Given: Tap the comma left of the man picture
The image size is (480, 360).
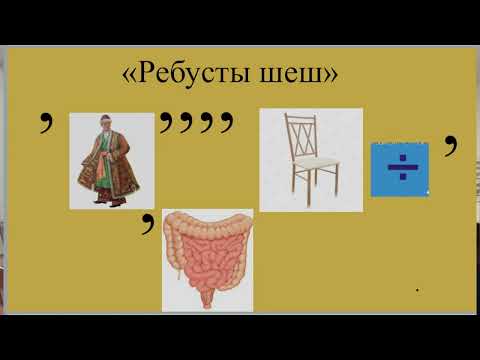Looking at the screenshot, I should (45, 125).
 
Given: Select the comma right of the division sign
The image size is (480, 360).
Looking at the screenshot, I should (451, 146).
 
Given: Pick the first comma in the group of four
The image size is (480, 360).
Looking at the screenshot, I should (166, 124).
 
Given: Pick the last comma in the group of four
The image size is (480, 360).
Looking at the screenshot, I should (227, 124).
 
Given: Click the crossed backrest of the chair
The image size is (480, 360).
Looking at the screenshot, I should (301, 138).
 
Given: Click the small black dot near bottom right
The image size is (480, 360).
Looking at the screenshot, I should (416, 292).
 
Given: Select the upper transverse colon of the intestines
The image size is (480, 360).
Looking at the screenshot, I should (208, 219).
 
